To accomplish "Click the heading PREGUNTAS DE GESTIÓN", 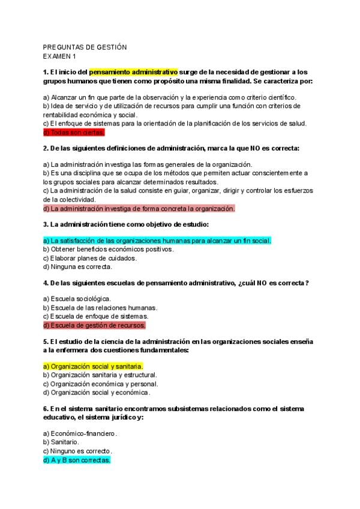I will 85,47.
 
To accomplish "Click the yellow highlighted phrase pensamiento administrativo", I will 134,72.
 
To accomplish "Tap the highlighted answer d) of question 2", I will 139,208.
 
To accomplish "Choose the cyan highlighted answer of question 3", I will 157,241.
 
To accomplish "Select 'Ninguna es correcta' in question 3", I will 77,267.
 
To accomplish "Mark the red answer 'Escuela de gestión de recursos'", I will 94,325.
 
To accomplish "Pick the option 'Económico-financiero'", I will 80,433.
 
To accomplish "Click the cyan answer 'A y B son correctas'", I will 77,460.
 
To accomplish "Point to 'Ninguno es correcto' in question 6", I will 77,451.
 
